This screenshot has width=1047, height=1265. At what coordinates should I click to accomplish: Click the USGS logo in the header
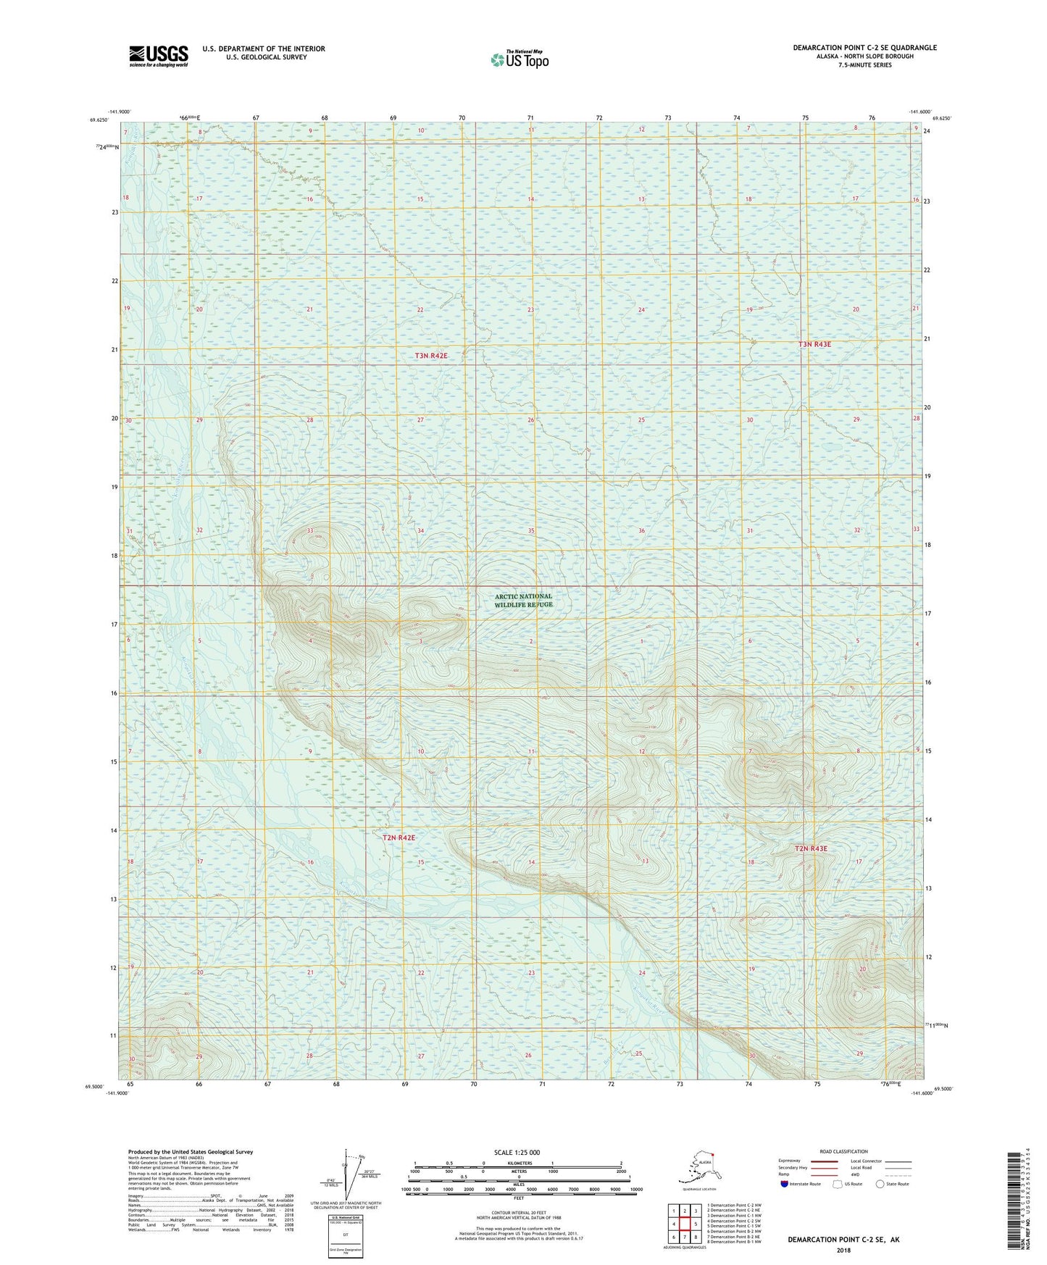click(x=158, y=56)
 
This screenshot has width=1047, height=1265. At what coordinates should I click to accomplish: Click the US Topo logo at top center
click(x=519, y=59)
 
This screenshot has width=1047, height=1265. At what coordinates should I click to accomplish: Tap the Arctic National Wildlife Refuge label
click(x=524, y=600)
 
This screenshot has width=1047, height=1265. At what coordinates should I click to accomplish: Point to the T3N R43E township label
click(x=814, y=344)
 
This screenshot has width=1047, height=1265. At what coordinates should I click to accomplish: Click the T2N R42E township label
click(x=399, y=838)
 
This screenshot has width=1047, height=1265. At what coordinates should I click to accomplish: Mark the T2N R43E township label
click(x=811, y=848)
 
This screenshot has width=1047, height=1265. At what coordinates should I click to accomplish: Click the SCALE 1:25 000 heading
click(x=518, y=1153)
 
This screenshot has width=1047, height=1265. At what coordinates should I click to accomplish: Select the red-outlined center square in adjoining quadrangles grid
click(x=684, y=1224)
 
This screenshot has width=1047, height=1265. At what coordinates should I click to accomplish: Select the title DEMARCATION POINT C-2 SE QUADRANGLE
click(x=864, y=48)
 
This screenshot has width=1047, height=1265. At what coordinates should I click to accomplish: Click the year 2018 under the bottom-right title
click(x=843, y=1251)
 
